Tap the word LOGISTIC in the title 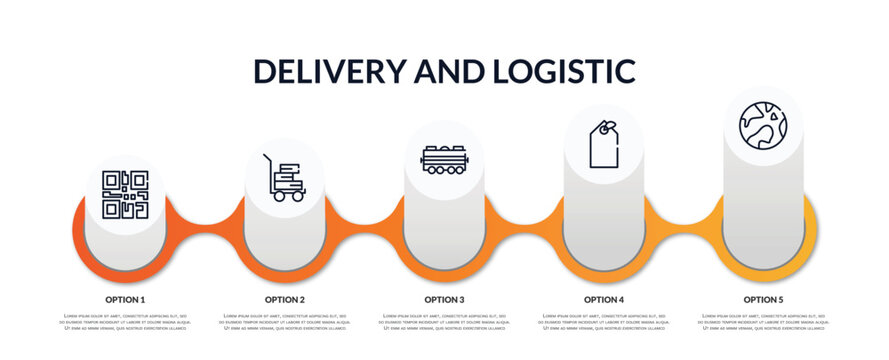pyautogui.click(x=564, y=71)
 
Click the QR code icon pyautogui.click(x=125, y=194)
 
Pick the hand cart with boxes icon pyautogui.click(x=284, y=178)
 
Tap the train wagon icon pyautogui.click(x=444, y=160)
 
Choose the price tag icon pyautogui.click(x=603, y=144)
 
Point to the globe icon pyautogui.click(x=763, y=125)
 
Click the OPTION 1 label pyautogui.click(x=125, y=299)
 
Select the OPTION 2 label pyautogui.click(x=285, y=299)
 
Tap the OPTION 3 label pyautogui.click(x=444, y=299)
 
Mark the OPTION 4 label pyautogui.click(x=604, y=299)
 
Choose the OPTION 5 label pyautogui.click(x=763, y=299)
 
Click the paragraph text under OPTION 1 pyautogui.click(x=125, y=322)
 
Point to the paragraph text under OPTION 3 pyautogui.click(x=444, y=322)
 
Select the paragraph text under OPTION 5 pyautogui.click(x=763, y=322)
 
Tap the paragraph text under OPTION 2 pyautogui.click(x=285, y=322)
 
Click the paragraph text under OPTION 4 pyautogui.click(x=604, y=322)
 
